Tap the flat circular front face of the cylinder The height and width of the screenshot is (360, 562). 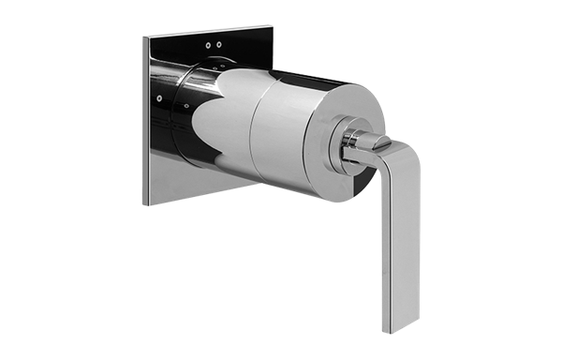(x=314, y=131)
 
